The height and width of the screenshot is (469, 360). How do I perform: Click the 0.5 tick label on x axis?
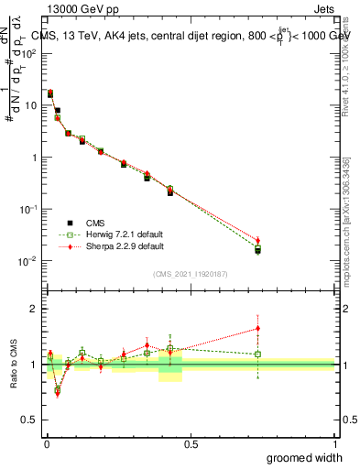[191, 443]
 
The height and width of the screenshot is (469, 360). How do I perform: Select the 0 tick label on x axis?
[46, 443]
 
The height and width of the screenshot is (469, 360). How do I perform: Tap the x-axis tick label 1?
[334, 443]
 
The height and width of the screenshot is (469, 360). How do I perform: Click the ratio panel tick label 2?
[35, 309]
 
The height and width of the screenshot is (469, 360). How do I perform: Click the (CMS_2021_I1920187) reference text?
[190, 274]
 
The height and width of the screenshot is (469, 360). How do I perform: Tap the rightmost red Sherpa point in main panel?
[257, 240]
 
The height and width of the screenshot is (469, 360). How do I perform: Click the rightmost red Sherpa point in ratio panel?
[257, 328]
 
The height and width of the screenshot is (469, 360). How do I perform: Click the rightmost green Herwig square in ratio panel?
[257, 354]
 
